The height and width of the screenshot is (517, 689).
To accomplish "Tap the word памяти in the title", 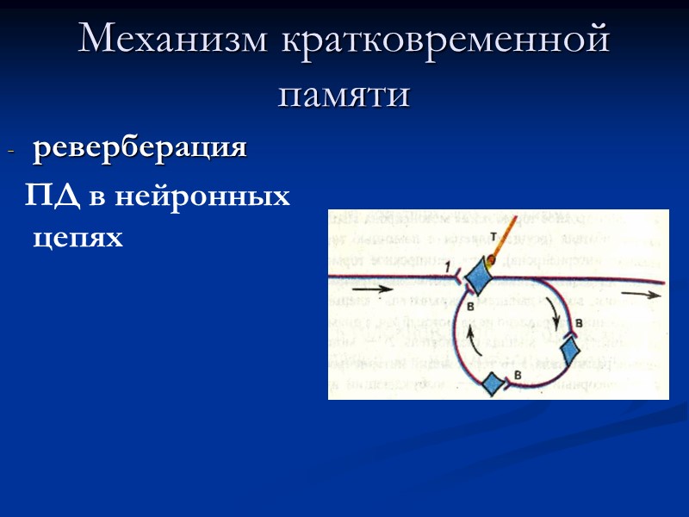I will pos(344,93).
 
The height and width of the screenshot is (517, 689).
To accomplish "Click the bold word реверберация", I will pos(140,148).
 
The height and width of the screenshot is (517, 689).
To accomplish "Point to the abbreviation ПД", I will pos(53,196).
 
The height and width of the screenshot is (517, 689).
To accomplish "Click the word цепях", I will pos(78,236).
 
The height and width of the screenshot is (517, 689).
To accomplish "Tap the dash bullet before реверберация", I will pos(11,152).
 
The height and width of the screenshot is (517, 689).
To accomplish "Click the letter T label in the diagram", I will pos(492,235).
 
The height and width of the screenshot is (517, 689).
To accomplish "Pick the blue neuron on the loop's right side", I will pos(572,347).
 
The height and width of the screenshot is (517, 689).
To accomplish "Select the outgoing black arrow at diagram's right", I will pos(639,293).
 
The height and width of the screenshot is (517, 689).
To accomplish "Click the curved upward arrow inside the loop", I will pos(469,335).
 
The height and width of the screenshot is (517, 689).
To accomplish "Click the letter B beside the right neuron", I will pos(579,321).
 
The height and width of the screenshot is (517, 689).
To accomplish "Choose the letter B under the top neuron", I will pos(470,305).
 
